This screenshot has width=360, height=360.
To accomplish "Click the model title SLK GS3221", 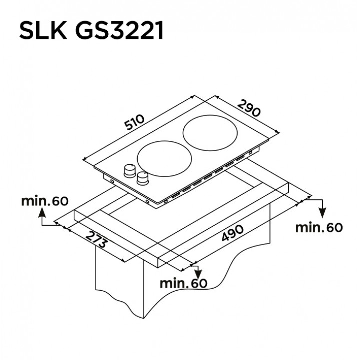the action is (91, 31).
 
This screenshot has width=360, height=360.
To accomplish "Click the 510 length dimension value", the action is (135, 122).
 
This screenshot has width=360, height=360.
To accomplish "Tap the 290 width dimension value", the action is (249, 108).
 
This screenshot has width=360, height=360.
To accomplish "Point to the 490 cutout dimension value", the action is (232, 233).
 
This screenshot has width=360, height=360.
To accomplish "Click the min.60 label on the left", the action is (45, 201).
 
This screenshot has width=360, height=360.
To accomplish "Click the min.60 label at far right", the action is (319, 228).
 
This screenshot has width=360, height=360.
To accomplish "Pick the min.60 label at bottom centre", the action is (183, 283).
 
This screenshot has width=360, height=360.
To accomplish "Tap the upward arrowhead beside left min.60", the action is (42, 212).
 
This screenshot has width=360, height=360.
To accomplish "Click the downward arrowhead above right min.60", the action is (323, 213).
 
